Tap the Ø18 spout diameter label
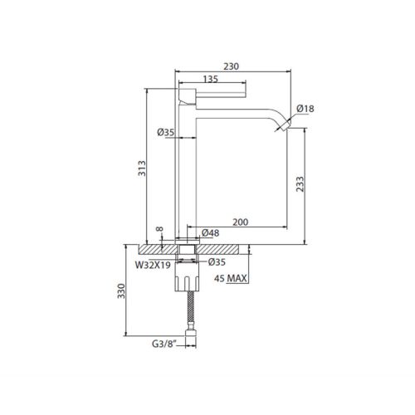click(x=306, y=109)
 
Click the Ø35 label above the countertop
click(x=164, y=132)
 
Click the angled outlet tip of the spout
click(x=285, y=124)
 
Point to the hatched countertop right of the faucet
click(x=224, y=248)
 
